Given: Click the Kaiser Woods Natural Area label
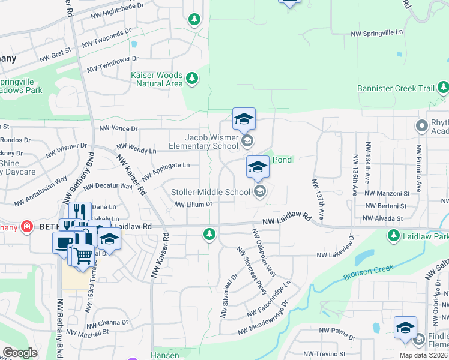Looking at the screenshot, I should click(157, 79).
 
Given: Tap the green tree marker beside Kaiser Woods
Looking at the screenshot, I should click(192, 78).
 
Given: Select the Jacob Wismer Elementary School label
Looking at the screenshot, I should click(203, 142).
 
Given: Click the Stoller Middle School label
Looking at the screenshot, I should click(211, 192).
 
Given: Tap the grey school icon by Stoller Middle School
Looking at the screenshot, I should click(260, 192).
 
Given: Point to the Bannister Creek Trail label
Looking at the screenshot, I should click(396, 88).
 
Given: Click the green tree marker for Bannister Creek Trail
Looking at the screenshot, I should click(443, 88).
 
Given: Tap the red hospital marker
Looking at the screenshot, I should click(26, 226).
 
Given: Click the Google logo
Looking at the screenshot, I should click(20, 352).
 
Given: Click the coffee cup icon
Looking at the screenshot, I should click(64, 243).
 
